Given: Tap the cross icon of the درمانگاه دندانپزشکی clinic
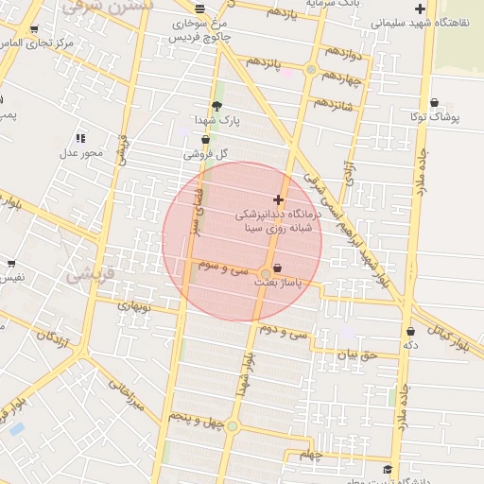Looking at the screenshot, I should click(x=277, y=199).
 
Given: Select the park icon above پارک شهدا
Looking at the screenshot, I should click(x=216, y=106).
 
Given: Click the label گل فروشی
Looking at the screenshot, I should click(x=210, y=153).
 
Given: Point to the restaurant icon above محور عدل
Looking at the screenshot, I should click(x=80, y=138).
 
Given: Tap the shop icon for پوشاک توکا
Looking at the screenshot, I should click(x=434, y=102).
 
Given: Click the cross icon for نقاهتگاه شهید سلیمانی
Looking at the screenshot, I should click(x=420, y=9).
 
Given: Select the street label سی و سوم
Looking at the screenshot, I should click(x=222, y=268).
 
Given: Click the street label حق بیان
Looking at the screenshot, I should click(x=357, y=355).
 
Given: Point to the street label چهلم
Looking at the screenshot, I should click(x=311, y=455).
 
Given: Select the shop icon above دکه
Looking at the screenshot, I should click(x=410, y=331).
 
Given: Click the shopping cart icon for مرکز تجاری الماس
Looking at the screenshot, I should click(x=35, y=30).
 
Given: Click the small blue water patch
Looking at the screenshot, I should click(x=15, y=429).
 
